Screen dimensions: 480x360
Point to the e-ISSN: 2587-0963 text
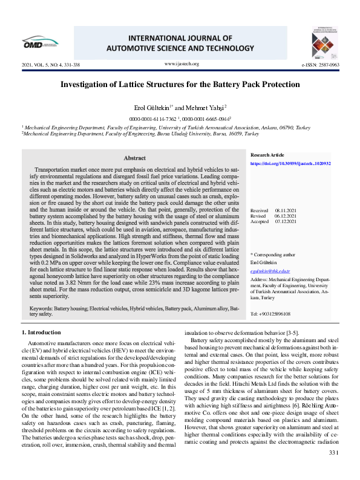(320, 64)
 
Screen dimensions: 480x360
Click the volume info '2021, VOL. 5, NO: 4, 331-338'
(50, 64)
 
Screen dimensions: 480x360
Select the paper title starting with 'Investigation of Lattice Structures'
(180, 85)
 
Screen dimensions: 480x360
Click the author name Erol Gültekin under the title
(154, 107)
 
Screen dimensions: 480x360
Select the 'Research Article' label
(267, 155)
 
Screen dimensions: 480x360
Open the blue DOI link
(290, 163)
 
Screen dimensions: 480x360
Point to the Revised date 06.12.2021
(285, 216)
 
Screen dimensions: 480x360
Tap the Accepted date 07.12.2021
(285, 221)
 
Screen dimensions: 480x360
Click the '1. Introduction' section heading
(41, 332)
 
